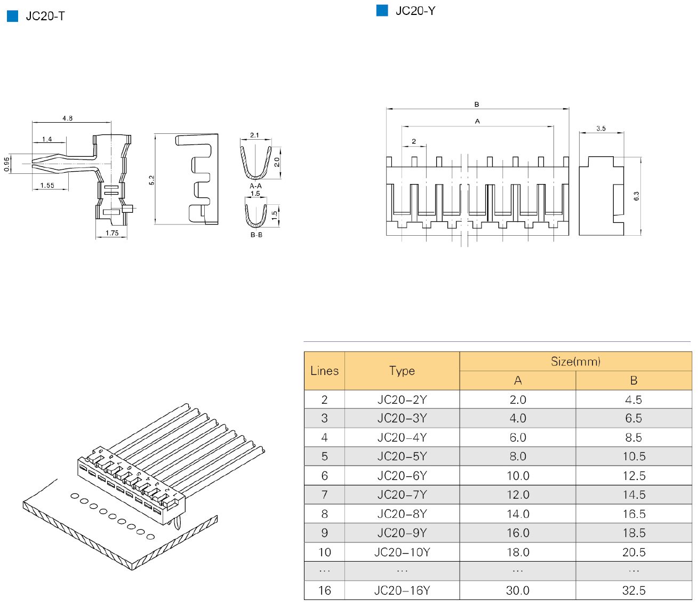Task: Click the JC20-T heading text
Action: click(45, 17)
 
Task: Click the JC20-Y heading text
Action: click(415, 11)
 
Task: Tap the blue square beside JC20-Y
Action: click(382, 11)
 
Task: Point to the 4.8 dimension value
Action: click(67, 118)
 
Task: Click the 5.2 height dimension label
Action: click(151, 180)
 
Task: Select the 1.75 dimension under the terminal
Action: click(112, 233)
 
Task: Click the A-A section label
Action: click(256, 186)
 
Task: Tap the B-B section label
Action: click(256, 235)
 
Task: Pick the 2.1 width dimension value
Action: click(254, 135)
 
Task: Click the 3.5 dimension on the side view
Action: click(601, 129)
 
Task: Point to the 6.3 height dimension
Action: click(636, 196)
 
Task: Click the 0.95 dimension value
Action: click(7, 164)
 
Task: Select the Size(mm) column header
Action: click(575, 362)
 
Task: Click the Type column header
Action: click(402, 371)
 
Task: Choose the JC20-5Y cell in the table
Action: click(402, 457)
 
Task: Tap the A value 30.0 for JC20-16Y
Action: click(518, 590)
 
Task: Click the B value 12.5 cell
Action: click(633, 476)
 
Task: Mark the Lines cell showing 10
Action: click(324, 552)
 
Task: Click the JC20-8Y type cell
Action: click(402, 514)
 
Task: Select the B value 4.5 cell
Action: click(633, 400)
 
